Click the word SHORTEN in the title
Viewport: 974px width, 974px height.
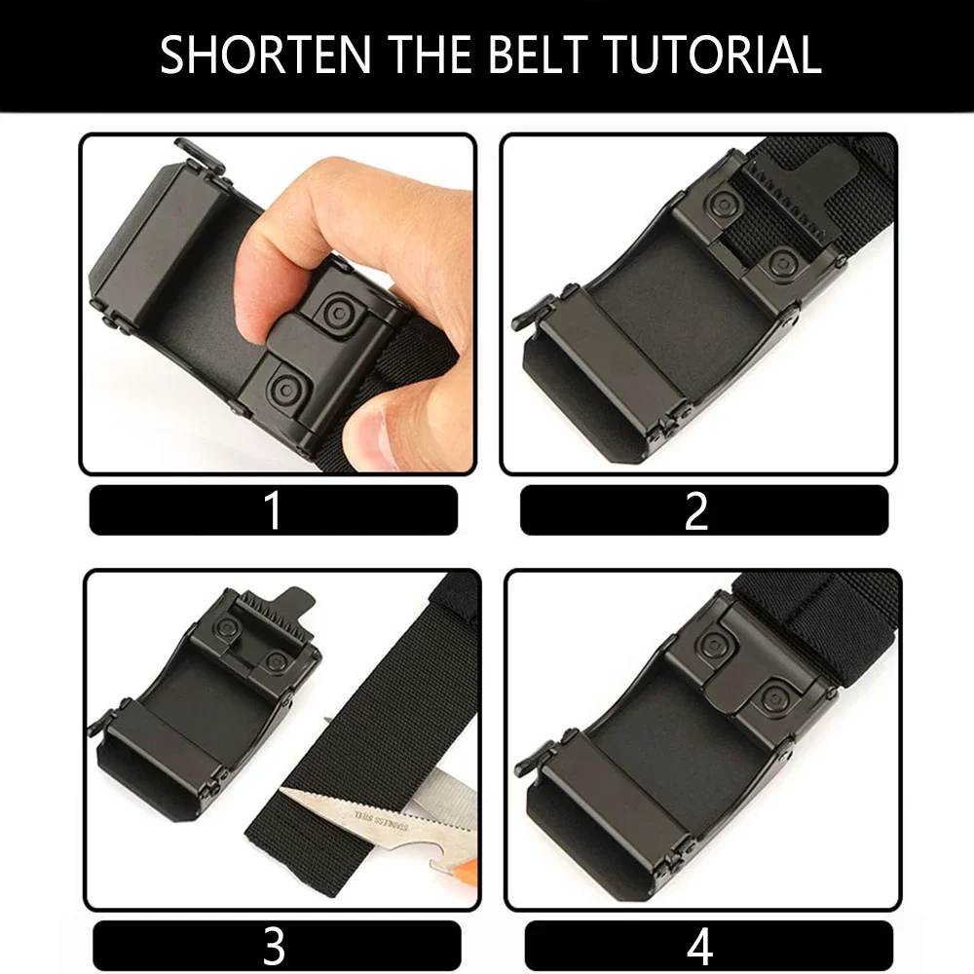266,55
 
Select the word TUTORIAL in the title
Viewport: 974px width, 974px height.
713,55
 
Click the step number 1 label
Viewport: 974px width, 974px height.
274,510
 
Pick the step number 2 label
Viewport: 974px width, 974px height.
696,510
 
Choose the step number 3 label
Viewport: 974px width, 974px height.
274,946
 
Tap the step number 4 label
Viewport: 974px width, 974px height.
700,946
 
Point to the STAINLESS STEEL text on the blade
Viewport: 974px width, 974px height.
382,820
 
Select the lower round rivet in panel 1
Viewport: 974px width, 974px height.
284,389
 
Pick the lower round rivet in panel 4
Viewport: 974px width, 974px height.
776,699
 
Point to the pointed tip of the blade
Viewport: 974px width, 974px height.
281,790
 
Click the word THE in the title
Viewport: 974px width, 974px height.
431,55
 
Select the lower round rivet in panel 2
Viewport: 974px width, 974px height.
781,263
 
